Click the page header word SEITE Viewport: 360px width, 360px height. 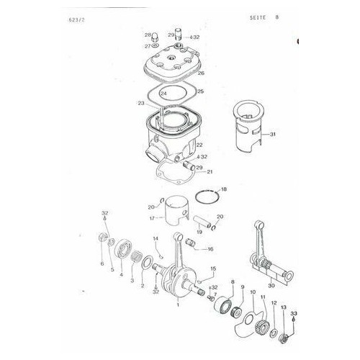(258, 17)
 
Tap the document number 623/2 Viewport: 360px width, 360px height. (76, 20)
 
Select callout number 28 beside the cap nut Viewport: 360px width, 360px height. (148, 35)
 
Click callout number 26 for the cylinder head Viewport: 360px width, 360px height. (201, 73)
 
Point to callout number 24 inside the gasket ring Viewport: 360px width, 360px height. (163, 94)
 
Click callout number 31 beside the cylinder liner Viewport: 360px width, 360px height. (273, 135)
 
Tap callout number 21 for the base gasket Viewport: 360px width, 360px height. (210, 172)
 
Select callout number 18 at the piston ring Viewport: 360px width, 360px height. (224, 189)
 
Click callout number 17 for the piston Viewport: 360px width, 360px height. (153, 218)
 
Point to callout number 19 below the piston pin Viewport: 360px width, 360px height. (199, 232)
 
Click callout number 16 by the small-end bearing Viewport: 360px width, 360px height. (210, 249)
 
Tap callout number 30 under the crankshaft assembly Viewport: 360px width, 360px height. (271, 286)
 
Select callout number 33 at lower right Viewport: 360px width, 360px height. (294, 313)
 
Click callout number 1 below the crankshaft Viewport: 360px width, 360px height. (178, 305)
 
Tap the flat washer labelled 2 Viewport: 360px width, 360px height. (147, 263)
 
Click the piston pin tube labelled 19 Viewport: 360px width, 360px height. (202, 222)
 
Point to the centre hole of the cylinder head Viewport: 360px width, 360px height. (171, 58)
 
